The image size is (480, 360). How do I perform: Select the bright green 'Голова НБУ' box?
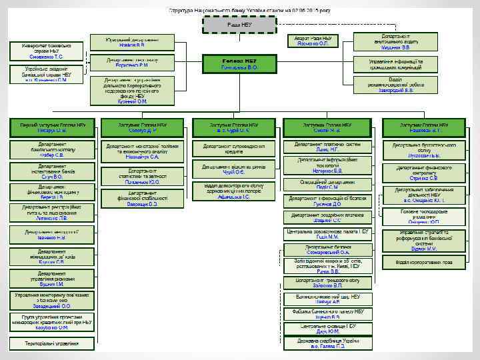click(x=239, y=64)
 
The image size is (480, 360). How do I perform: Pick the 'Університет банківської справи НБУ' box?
click(x=46, y=51)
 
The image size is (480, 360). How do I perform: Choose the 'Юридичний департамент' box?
click(x=136, y=41)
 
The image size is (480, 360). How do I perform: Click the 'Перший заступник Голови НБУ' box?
click(x=53, y=127)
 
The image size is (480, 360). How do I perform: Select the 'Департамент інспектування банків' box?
click(x=52, y=171)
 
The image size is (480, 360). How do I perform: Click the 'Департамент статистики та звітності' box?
click(x=143, y=177)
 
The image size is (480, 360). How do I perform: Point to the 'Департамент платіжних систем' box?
click(x=327, y=146)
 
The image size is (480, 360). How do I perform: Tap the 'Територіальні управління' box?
click(x=52, y=343)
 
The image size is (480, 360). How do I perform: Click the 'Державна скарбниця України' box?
click(x=327, y=343)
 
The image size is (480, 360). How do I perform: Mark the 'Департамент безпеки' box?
click(x=327, y=249)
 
